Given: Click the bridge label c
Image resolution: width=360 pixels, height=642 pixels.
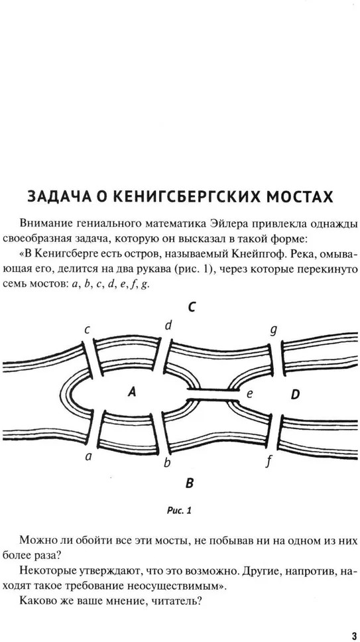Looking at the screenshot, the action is [87, 330].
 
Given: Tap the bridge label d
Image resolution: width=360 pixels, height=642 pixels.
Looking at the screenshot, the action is [168, 326].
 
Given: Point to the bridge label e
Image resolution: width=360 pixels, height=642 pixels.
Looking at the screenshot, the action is [249, 394].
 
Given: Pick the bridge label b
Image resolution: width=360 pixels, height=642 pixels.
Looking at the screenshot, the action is [166, 463].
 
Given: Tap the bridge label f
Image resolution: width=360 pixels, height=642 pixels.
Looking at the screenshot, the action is [269, 462].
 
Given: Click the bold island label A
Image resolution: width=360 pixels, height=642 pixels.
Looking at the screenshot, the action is [131, 393].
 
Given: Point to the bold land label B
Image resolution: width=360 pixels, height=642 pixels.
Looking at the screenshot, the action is [189, 483].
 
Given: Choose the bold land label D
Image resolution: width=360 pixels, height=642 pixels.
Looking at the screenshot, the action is [295, 395].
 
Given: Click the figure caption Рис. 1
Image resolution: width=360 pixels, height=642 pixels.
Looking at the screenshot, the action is [179, 511].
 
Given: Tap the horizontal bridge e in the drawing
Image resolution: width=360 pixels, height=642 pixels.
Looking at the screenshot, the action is [213, 395].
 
